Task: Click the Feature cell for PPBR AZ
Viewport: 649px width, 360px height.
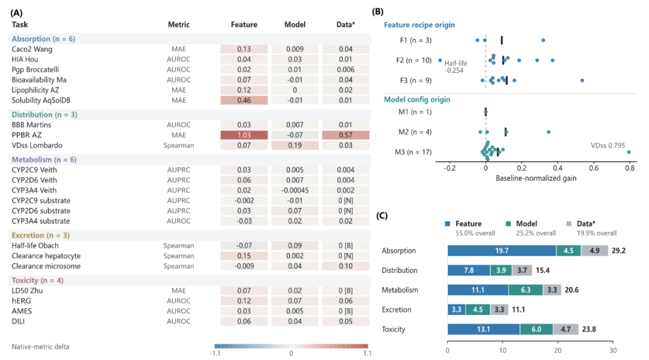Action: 244,135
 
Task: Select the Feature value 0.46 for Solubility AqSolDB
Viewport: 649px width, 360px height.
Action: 244,100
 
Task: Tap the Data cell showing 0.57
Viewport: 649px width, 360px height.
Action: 346,135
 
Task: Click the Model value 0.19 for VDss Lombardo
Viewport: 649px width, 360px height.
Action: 294,145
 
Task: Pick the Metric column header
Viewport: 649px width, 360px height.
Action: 179,25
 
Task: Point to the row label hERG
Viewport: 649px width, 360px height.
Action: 21,301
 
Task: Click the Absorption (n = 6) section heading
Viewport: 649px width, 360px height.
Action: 43,39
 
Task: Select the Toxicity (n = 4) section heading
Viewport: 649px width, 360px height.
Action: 38,281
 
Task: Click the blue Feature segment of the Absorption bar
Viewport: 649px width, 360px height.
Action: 502,251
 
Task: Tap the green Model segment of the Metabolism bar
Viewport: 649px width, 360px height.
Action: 526,290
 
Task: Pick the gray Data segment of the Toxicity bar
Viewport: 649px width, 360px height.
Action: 566,329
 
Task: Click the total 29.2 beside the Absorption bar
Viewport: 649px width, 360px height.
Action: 618,251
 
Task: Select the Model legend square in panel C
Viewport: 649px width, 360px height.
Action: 508,224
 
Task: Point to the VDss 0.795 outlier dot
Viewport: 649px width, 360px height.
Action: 629,152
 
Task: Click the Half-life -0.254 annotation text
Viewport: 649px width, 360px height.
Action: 456,67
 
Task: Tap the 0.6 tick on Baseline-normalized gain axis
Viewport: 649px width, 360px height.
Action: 594,168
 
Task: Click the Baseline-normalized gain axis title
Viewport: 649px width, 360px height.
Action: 536,178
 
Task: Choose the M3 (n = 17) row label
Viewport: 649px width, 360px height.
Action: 413,152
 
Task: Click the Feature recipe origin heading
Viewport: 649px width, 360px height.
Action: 419,25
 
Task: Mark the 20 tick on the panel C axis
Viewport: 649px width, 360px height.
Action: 558,350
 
